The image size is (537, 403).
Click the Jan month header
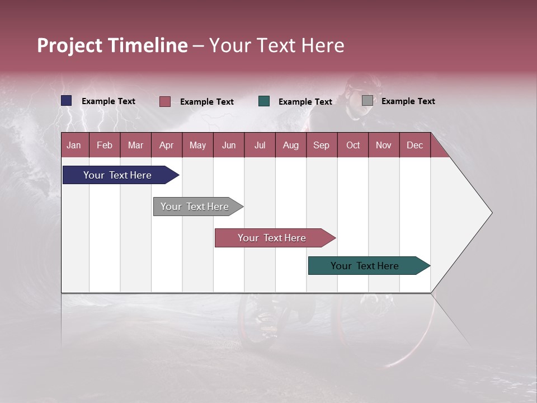click(74, 145)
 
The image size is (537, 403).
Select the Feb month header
click(105, 145)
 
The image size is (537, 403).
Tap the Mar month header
click(135, 145)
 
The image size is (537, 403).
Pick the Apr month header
click(167, 145)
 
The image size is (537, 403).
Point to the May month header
click(197, 145)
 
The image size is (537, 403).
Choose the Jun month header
click(229, 145)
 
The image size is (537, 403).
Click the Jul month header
click(260, 145)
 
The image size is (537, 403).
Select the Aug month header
click(291, 145)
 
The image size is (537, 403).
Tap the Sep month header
click(322, 145)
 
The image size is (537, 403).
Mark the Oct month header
click(353, 145)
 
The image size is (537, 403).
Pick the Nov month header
click(384, 145)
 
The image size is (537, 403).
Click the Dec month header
click(415, 145)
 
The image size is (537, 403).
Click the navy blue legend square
click(67, 101)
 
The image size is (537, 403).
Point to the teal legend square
click(264, 101)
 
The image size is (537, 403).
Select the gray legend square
click(368, 101)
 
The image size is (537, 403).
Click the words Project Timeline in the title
click(112, 45)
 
